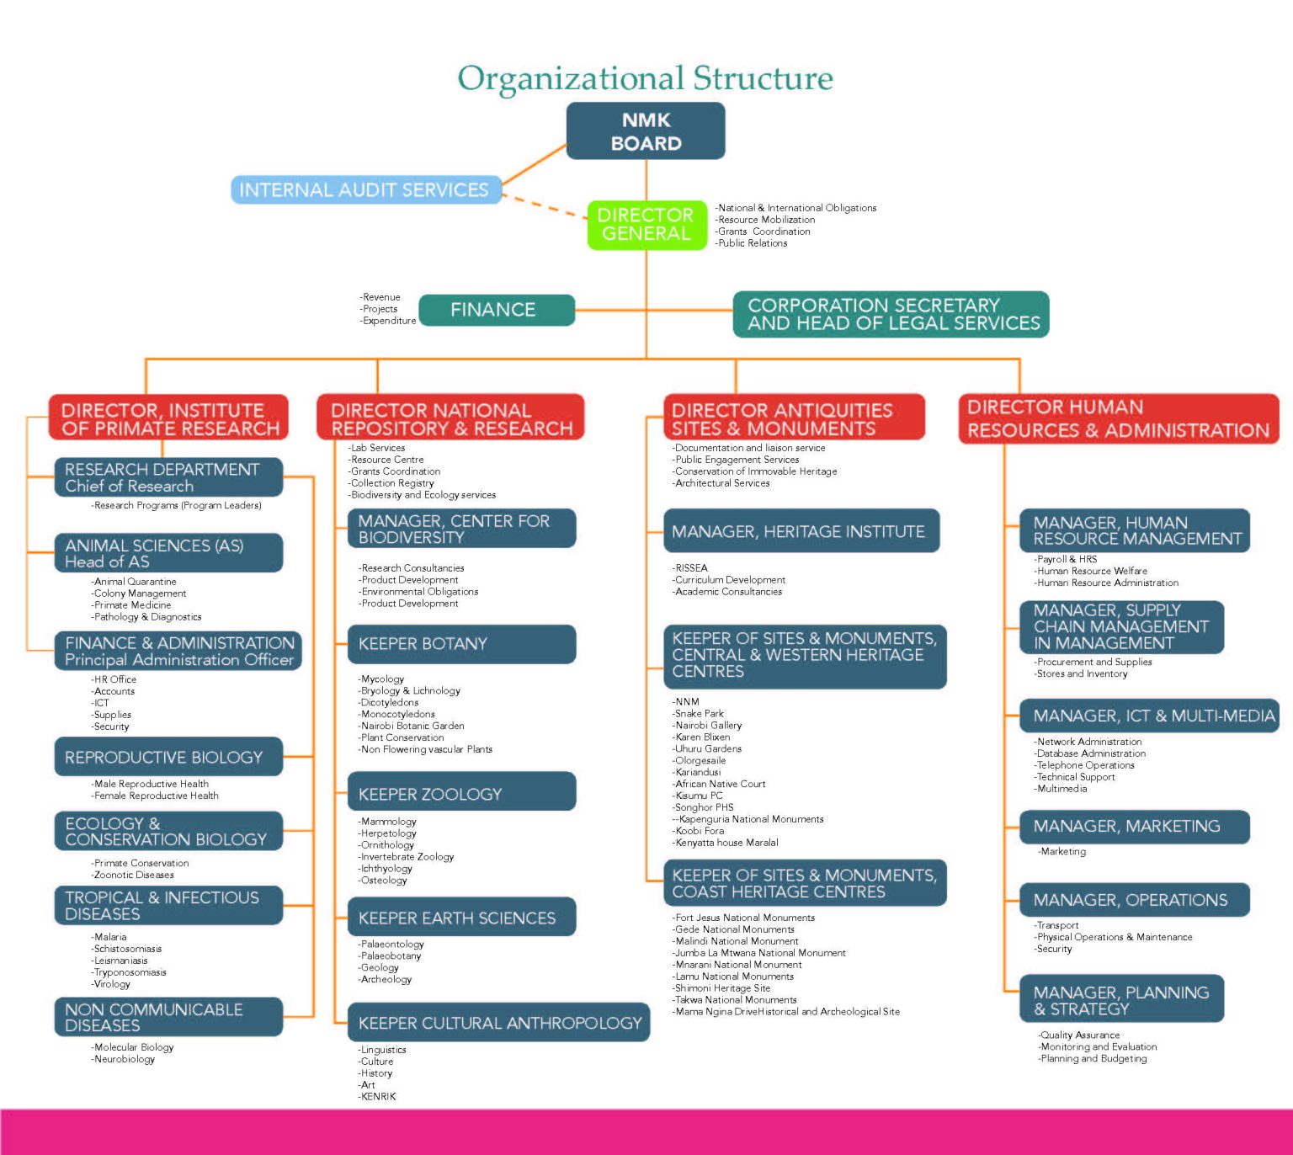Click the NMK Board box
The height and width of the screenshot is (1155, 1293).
click(646, 131)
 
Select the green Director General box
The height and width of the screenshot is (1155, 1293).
click(646, 225)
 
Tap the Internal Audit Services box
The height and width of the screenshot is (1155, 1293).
click(364, 190)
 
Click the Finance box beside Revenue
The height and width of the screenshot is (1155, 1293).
click(496, 310)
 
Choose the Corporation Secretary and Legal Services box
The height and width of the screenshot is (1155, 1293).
click(891, 314)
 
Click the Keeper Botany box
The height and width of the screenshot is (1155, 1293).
click(461, 644)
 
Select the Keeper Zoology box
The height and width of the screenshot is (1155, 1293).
click(461, 794)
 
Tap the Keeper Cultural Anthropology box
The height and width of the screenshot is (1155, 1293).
click(498, 1023)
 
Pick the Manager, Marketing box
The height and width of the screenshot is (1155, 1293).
click(1133, 827)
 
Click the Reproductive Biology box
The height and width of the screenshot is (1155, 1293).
click(168, 758)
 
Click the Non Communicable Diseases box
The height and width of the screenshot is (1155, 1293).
click(168, 1017)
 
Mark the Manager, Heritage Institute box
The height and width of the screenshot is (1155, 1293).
click(800, 531)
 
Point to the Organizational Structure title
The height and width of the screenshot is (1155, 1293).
click(646, 78)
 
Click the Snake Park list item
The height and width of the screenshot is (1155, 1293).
click(700, 713)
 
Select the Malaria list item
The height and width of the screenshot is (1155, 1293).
click(110, 937)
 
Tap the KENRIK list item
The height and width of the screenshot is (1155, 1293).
click(378, 1096)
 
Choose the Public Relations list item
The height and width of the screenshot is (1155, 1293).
click(753, 243)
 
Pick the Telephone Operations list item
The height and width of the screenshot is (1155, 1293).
click(1086, 765)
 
